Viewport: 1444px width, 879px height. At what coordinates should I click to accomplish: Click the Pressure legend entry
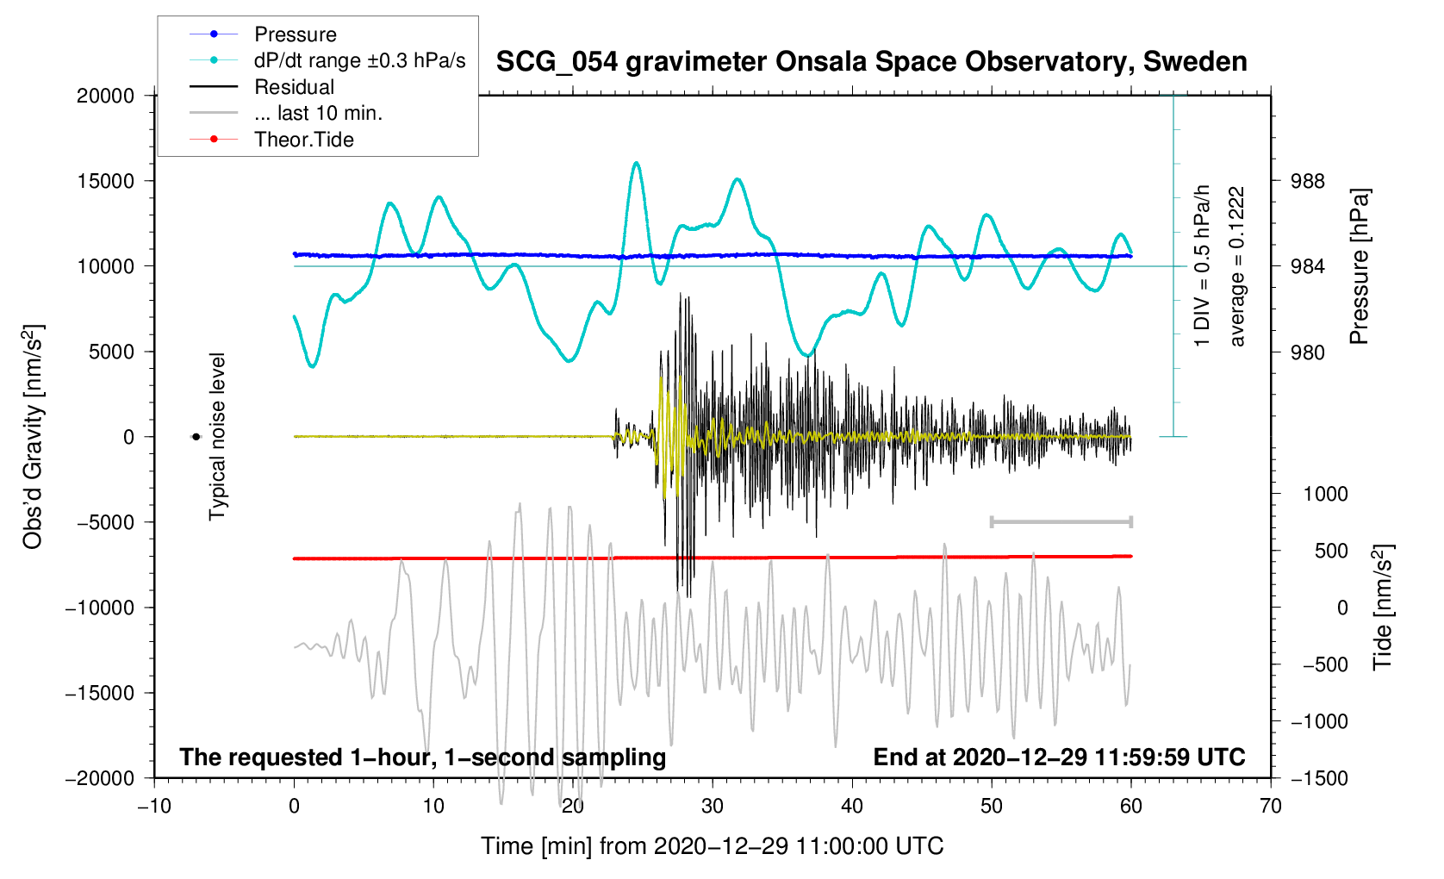[295, 34]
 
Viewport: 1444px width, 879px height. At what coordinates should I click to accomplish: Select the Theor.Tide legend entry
[303, 140]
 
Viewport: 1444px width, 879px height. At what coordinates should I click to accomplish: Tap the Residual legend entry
[294, 87]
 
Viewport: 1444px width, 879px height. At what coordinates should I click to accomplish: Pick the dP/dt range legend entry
[359, 60]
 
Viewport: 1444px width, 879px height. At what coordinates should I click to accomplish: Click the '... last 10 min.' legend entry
[318, 113]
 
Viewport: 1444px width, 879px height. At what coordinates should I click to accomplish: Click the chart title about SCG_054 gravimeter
[871, 62]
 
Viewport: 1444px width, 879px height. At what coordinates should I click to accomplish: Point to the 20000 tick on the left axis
[106, 96]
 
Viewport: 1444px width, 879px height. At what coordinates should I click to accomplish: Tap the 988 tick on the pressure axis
[1307, 181]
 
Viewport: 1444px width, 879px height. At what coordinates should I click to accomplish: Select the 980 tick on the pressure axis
[1307, 352]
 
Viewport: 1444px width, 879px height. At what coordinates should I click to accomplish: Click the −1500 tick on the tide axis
[1319, 778]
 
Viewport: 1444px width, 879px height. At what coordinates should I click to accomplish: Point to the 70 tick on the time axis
[1270, 806]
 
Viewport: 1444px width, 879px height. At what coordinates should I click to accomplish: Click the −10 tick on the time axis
[154, 806]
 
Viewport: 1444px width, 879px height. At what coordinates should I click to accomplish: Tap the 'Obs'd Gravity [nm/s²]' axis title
[33, 437]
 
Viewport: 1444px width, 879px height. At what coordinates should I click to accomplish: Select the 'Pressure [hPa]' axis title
[1360, 266]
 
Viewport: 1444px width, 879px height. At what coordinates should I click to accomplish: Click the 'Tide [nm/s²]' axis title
[1383, 608]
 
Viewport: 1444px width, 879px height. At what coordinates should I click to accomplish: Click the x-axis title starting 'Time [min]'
[712, 846]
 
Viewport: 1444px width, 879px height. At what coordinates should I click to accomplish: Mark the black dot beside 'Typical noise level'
[196, 437]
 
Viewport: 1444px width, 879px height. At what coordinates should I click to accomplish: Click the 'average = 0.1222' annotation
[1237, 266]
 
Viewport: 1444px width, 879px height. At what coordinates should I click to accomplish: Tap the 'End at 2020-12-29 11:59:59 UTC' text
[1059, 757]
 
